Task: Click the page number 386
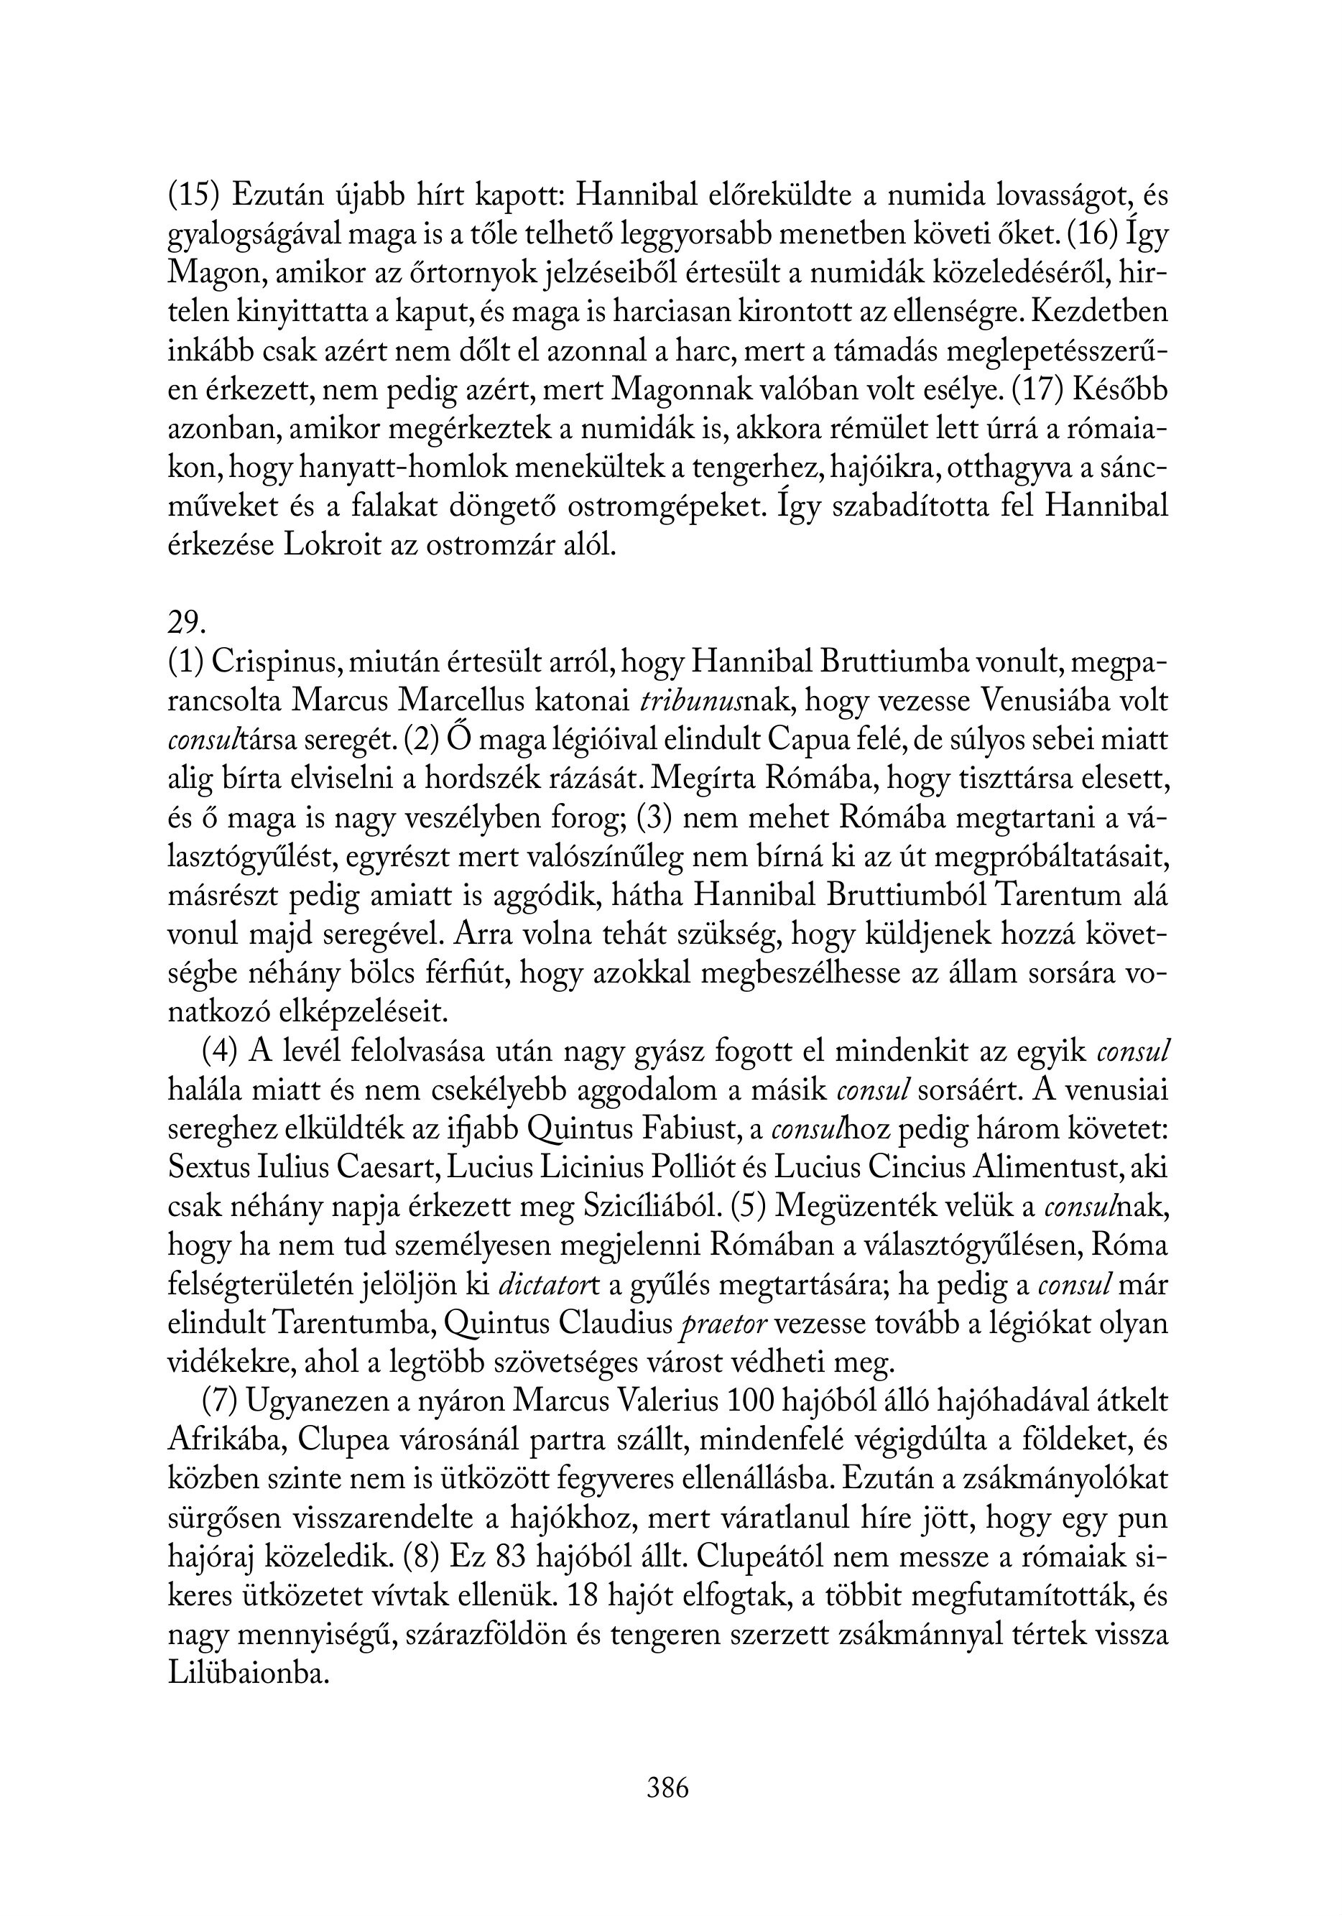(x=667, y=1788)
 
